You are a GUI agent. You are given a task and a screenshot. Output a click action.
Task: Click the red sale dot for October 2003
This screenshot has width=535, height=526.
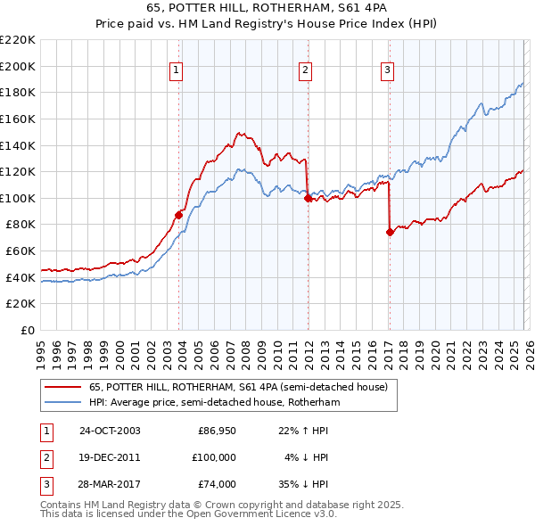179,214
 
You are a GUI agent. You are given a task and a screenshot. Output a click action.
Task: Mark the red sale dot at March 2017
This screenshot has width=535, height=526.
390,232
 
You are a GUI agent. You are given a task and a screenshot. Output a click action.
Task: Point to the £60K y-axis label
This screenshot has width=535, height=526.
21,251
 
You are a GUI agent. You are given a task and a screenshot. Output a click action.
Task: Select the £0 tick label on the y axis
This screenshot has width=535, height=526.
29,331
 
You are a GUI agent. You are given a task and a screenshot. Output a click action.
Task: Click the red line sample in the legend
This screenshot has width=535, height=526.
62,388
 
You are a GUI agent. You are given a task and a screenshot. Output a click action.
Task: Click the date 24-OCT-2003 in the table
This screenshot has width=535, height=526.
110,431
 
